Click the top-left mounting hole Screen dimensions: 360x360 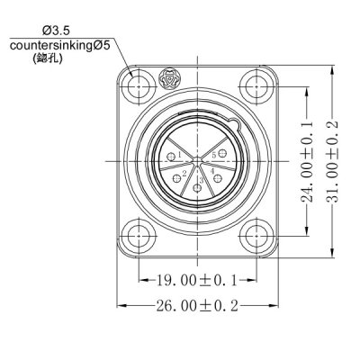point(138,86)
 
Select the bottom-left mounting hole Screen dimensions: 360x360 point(138,237)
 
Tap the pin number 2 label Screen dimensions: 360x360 point(184,173)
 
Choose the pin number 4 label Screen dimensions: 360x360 point(211,170)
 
